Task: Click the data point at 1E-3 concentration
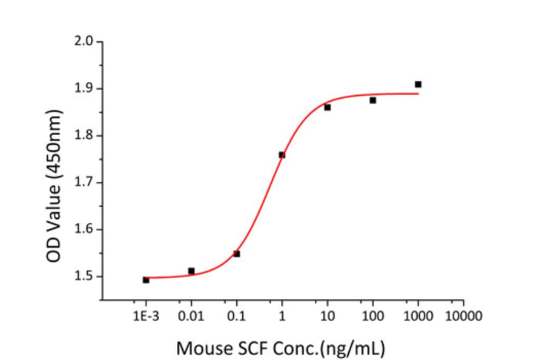[146, 280]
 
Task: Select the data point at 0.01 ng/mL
[191, 271]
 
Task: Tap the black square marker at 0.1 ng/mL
[237, 254]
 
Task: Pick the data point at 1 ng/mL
[282, 155]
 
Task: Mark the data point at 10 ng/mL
[328, 107]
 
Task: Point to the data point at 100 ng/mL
[373, 100]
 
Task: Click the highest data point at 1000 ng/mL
[418, 84]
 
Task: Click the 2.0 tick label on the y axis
[84, 42]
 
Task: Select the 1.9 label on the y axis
[84, 89]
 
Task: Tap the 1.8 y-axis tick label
[84, 136]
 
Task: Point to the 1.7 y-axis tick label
[84, 182]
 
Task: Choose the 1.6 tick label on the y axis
[84, 230]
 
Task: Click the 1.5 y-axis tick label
[84, 276]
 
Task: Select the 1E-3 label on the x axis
[146, 316]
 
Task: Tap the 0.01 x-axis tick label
[191, 316]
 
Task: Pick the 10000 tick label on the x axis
[464, 316]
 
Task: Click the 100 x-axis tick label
[373, 316]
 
